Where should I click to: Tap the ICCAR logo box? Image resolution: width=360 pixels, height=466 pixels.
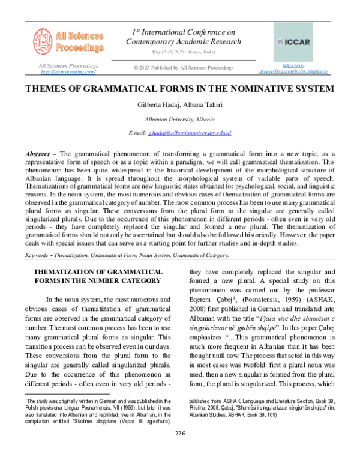pyautogui.click(x=293, y=42)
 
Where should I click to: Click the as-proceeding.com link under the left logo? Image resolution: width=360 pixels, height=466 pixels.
pyautogui.click(x=68, y=72)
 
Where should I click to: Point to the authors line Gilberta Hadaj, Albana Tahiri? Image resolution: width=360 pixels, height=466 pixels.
pyautogui.click(x=180, y=105)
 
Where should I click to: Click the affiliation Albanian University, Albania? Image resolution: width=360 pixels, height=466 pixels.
pyautogui.click(x=180, y=119)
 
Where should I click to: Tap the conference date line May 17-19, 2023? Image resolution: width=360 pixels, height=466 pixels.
pyautogui.click(x=184, y=52)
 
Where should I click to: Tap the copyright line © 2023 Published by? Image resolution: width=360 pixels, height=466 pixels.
pyautogui.click(x=184, y=68)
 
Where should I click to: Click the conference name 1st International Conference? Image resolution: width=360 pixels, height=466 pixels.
pyautogui.click(x=184, y=32)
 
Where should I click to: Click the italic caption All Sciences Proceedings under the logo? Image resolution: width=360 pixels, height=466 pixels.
pyautogui.click(x=68, y=65)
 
